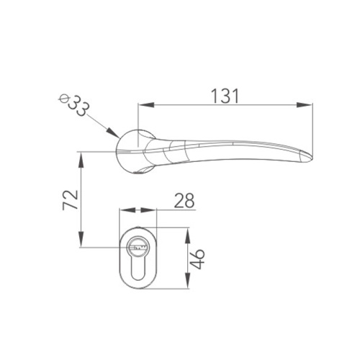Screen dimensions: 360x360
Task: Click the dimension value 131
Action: (225, 96)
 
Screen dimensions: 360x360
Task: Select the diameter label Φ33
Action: (75, 105)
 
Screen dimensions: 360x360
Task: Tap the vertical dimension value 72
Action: (70, 200)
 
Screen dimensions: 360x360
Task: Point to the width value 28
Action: (184, 200)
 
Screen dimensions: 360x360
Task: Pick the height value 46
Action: (197, 259)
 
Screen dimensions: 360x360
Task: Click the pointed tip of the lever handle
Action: (312, 158)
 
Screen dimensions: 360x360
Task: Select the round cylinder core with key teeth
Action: (138, 247)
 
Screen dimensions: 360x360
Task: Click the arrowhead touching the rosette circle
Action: (113, 132)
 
